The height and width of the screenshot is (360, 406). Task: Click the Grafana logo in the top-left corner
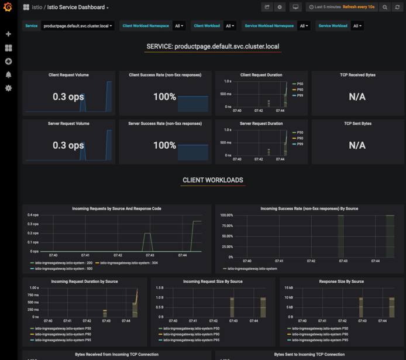coord(8,8)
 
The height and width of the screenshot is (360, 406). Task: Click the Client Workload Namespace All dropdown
coord(178,26)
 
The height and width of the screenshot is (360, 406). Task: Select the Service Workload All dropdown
coord(357,26)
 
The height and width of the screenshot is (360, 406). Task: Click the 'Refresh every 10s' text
coord(358,7)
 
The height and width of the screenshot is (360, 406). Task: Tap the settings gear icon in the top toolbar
coord(280,7)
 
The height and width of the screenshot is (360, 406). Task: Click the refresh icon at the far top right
coord(398,7)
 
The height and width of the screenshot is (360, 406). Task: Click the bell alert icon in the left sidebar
coord(8,75)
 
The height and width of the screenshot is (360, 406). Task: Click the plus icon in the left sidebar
coord(8,35)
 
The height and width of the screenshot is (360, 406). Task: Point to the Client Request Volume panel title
coord(69,75)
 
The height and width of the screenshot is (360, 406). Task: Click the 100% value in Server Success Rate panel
coord(164,145)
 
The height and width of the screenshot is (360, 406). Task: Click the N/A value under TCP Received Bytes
coord(357,97)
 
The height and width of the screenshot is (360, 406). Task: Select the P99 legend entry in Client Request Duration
coord(300,95)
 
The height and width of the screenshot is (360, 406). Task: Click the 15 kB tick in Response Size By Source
coord(289,288)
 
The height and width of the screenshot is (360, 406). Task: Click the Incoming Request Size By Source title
coord(213,282)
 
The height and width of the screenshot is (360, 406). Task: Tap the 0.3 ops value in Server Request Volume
coord(68,145)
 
